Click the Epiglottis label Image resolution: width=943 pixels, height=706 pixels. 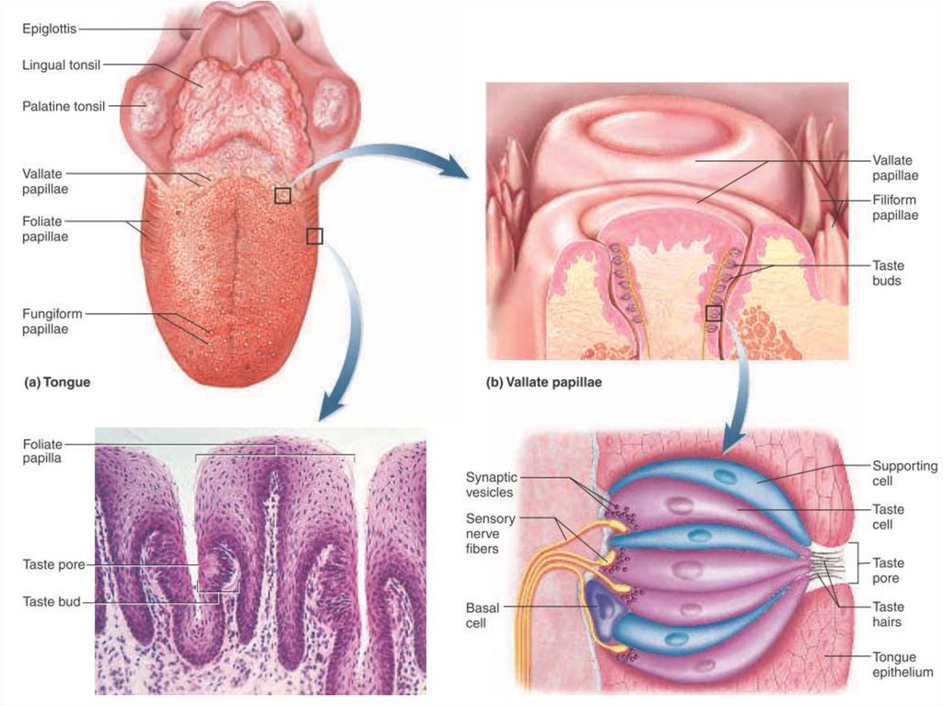click(49, 29)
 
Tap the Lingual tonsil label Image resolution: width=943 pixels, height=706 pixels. click(62, 64)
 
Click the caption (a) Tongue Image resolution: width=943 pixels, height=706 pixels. click(57, 381)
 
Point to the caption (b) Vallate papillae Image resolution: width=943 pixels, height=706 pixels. click(543, 381)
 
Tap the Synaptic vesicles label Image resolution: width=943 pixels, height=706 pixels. click(492, 484)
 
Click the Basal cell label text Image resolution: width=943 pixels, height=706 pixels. click(483, 615)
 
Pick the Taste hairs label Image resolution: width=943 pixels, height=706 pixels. click(888, 614)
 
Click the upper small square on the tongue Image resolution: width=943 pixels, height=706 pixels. click(283, 194)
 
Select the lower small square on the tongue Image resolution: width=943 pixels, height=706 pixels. click(315, 237)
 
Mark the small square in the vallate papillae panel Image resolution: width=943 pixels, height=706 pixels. click(713, 314)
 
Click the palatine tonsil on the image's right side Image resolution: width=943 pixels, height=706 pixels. click(330, 106)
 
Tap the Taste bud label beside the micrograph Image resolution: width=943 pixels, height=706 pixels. click(52, 602)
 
